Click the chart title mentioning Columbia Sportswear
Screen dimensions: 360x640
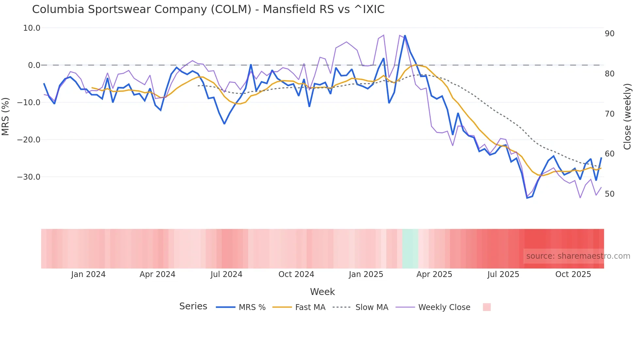coord(208,9)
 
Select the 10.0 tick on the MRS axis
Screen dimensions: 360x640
coord(32,28)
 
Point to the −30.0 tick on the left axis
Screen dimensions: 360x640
coord(29,177)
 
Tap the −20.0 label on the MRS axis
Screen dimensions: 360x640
coord(29,140)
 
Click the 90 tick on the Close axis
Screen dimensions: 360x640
coord(609,34)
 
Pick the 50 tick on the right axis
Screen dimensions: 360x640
coord(609,194)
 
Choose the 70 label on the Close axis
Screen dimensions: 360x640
coord(609,114)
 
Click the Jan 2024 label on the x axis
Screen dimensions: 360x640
coord(88,274)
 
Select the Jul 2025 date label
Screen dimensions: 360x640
coord(503,274)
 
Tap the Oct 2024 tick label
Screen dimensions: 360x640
coord(296,274)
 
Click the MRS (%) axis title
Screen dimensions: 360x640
coord(6,116)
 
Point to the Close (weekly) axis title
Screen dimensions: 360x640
coord(627,116)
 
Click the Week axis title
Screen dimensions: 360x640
coord(322,292)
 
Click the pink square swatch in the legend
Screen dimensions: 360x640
coord(487,307)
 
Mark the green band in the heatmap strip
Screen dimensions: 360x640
coord(410,249)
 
